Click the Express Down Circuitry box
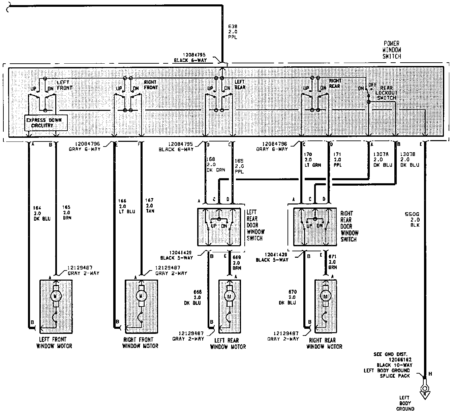[x=46, y=123]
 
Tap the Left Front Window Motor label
[x=54, y=343]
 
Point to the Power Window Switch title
[x=391, y=50]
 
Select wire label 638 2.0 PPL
[x=233, y=31]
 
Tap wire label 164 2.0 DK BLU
[x=42, y=213]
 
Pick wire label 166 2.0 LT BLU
[x=126, y=206]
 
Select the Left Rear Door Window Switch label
[x=255, y=225]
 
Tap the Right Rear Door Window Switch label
[x=349, y=226]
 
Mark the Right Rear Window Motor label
[x=324, y=343]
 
